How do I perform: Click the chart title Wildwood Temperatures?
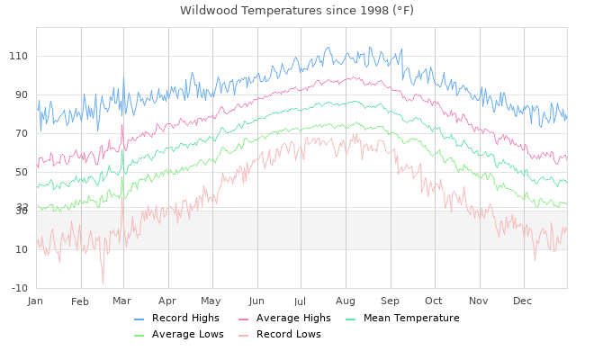(297, 10)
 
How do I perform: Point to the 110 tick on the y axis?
(19, 56)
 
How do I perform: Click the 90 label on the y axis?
(22, 94)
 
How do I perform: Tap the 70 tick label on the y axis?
(22, 133)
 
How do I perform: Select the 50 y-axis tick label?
(22, 172)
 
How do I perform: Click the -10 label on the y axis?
(19, 288)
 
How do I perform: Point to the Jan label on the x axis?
(36, 300)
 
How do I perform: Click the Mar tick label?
(122, 300)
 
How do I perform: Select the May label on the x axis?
(211, 300)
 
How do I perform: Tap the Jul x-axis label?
(301, 300)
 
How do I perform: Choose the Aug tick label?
(346, 300)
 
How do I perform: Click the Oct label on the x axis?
(434, 300)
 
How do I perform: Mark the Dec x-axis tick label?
(523, 300)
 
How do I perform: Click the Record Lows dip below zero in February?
(103, 283)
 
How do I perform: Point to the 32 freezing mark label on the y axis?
(22, 206)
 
